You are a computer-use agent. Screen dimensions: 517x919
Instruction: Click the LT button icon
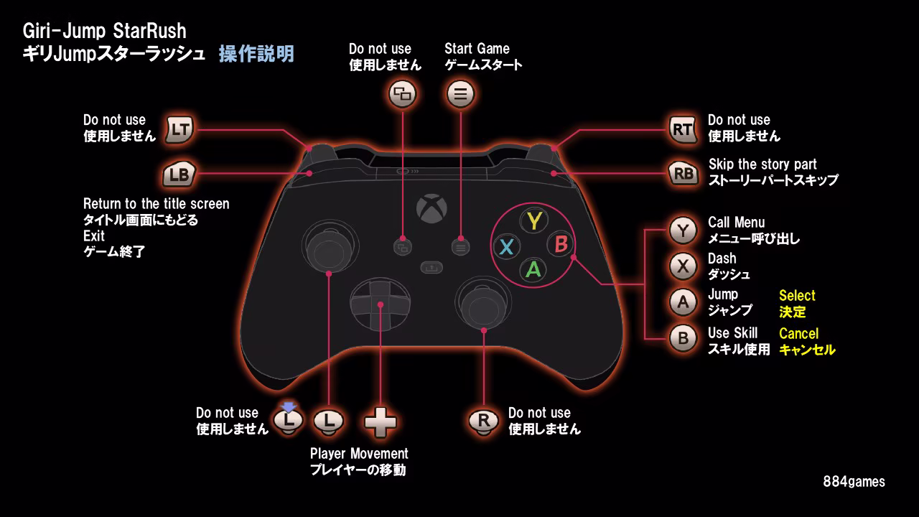click(180, 129)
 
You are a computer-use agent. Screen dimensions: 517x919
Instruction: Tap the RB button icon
click(683, 173)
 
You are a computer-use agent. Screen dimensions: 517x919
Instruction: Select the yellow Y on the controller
click(533, 220)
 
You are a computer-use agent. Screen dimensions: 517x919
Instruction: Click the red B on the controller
click(561, 245)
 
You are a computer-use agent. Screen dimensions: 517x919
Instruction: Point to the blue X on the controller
click(506, 247)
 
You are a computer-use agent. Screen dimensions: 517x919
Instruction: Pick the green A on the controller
click(533, 269)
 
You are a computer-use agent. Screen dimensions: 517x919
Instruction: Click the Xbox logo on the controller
click(431, 208)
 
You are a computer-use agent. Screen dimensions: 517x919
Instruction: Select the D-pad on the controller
click(381, 304)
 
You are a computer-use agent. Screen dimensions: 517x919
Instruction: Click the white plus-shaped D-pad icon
click(381, 421)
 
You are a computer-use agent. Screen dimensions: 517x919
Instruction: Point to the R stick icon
click(483, 421)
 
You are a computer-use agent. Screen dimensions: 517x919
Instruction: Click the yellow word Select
click(797, 296)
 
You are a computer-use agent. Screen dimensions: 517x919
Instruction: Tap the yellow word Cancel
click(798, 334)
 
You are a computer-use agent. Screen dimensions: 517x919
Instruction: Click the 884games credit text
click(854, 482)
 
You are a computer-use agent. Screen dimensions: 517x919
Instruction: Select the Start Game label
click(477, 49)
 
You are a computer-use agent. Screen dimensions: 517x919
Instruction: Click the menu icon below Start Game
click(460, 93)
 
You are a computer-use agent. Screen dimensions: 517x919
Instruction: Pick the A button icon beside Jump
click(683, 302)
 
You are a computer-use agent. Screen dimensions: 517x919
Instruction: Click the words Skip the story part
click(762, 164)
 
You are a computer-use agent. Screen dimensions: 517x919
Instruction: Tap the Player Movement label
click(359, 454)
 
